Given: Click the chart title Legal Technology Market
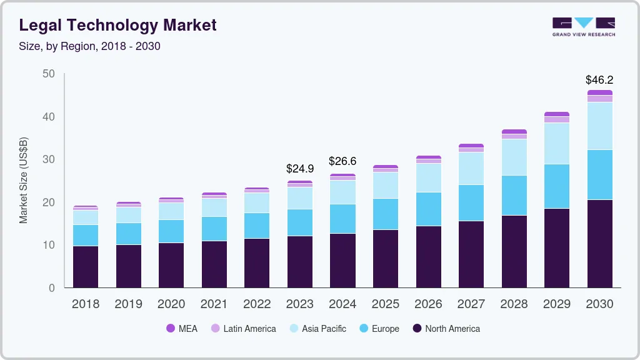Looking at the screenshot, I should [x=118, y=25].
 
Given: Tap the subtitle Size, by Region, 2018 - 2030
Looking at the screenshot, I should [x=90, y=46].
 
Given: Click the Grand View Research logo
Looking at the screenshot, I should [x=583, y=26].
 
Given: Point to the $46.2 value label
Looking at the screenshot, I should [x=599, y=80].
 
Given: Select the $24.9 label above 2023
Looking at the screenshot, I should [x=300, y=169].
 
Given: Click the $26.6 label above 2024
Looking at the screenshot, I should [x=342, y=161].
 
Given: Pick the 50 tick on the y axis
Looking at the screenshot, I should [x=49, y=74].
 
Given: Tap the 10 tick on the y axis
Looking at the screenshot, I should [x=49, y=245].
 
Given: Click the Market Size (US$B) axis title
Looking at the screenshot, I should [x=24, y=180].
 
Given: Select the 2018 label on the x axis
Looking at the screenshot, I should [x=86, y=304].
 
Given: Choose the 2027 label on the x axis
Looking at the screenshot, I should [x=471, y=304].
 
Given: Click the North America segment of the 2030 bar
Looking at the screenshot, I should [x=599, y=244].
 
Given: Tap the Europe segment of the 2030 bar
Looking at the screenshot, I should [x=599, y=175].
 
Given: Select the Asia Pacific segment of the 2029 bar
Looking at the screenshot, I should [x=556, y=144].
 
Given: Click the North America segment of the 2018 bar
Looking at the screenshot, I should [x=86, y=267].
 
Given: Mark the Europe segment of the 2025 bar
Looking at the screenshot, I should [x=385, y=214].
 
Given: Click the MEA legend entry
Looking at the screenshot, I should [x=182, y=329].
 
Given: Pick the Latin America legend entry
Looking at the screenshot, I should [x=243, y=329].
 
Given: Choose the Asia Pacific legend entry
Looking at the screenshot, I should [x=317, y=329].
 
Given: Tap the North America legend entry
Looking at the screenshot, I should [x=446, y=329].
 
